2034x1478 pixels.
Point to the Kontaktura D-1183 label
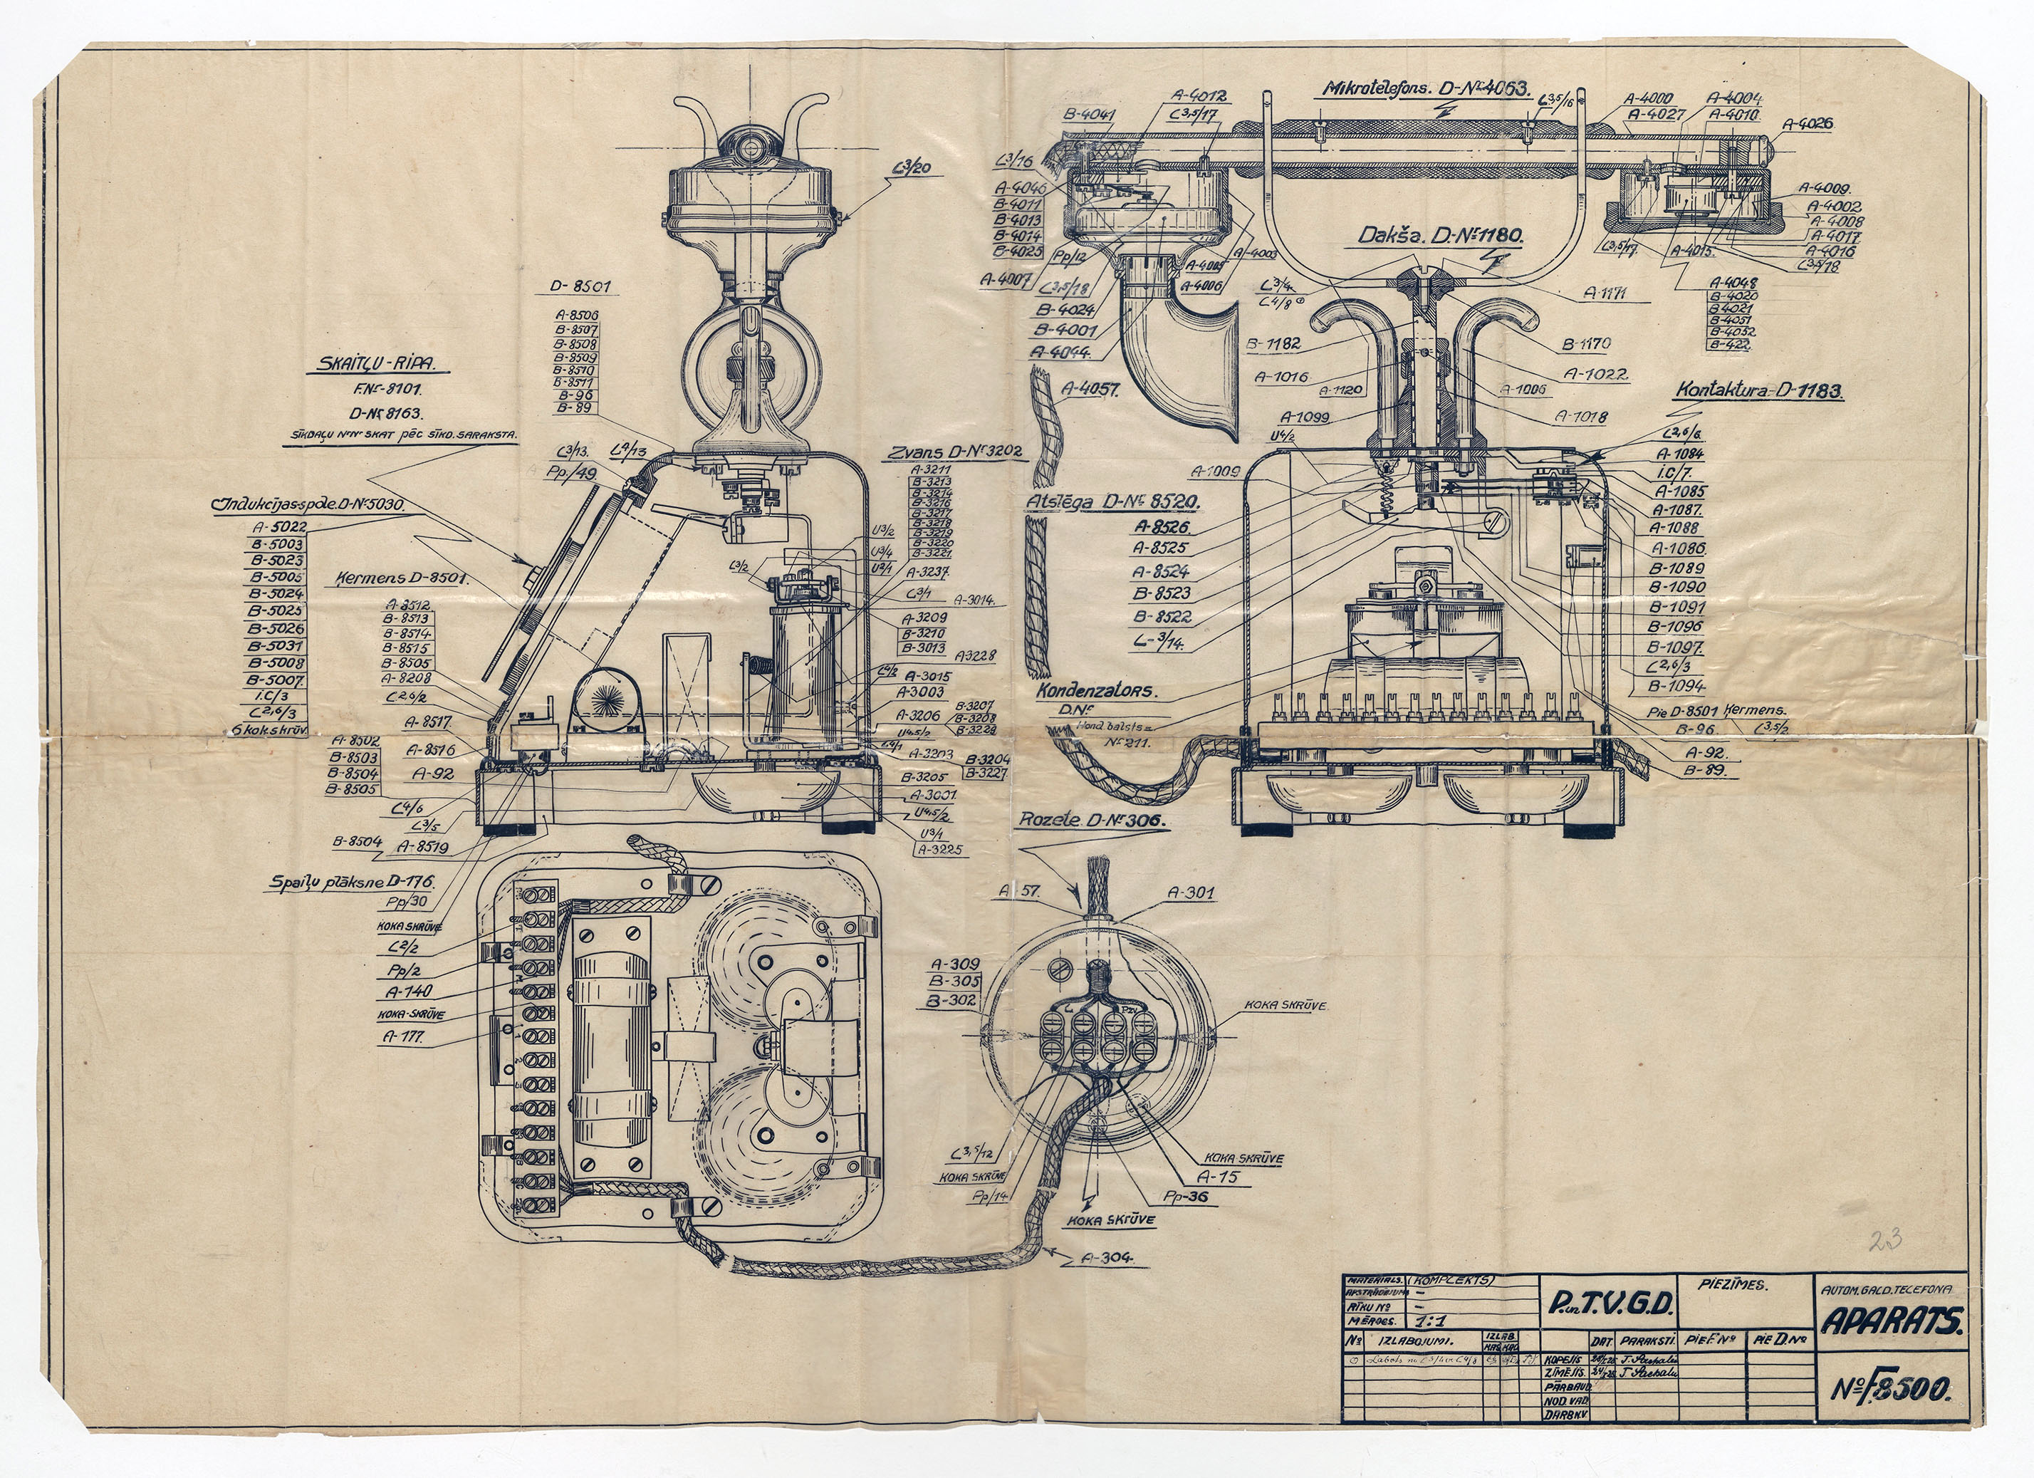(1758, 391)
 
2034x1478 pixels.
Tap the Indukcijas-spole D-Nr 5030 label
(308, 504)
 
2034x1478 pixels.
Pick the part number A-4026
(1808, 125)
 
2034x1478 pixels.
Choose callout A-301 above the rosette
(1189, 893)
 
